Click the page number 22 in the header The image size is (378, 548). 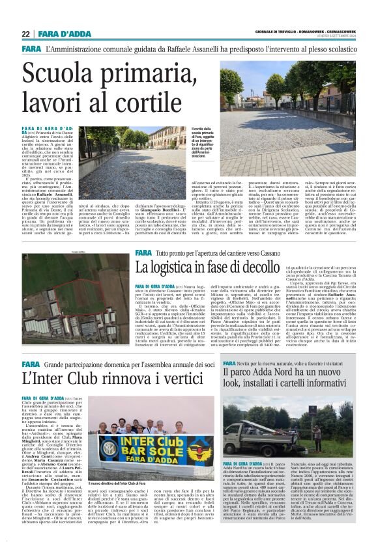(26, 34)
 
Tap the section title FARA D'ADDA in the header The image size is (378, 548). (59, 34)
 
